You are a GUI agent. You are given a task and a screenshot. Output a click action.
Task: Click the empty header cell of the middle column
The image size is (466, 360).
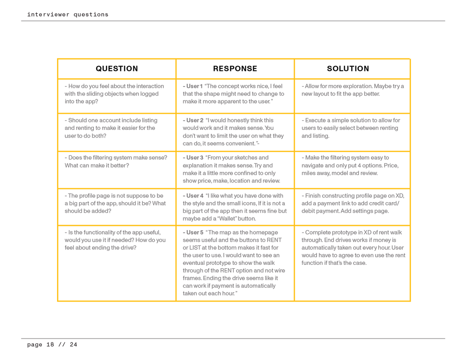pos(235,68)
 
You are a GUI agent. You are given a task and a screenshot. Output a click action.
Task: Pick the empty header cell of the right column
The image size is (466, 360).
pos(352,68)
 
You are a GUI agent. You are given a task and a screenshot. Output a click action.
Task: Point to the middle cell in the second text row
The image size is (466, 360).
pos(235,132)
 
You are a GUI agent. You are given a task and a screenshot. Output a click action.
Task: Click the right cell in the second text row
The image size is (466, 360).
pos(352,132)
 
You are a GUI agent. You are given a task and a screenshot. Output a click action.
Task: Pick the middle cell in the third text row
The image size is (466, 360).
pos(235,169)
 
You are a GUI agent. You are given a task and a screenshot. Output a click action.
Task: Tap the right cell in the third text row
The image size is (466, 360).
pos(352,169)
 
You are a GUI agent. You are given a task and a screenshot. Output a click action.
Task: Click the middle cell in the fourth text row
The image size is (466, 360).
pos(235,207)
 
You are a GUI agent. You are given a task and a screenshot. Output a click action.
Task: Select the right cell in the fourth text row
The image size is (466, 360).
pos(352,207)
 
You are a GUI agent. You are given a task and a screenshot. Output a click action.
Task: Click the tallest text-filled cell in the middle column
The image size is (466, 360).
pos(235,263)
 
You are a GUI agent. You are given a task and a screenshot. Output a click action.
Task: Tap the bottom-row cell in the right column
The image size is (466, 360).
pos(352,263)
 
